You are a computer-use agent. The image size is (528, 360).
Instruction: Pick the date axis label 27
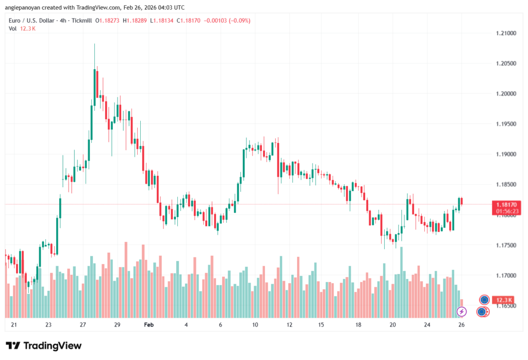click(82, 325)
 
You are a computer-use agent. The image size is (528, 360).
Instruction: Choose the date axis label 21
click(14, 325)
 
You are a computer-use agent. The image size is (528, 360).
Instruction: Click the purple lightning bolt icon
click(462, 312)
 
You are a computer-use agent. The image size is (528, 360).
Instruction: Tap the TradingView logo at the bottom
click(44, 346)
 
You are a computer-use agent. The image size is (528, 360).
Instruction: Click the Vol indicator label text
click(13, 29)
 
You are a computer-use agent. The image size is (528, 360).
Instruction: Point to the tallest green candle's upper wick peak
click(94, 44)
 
